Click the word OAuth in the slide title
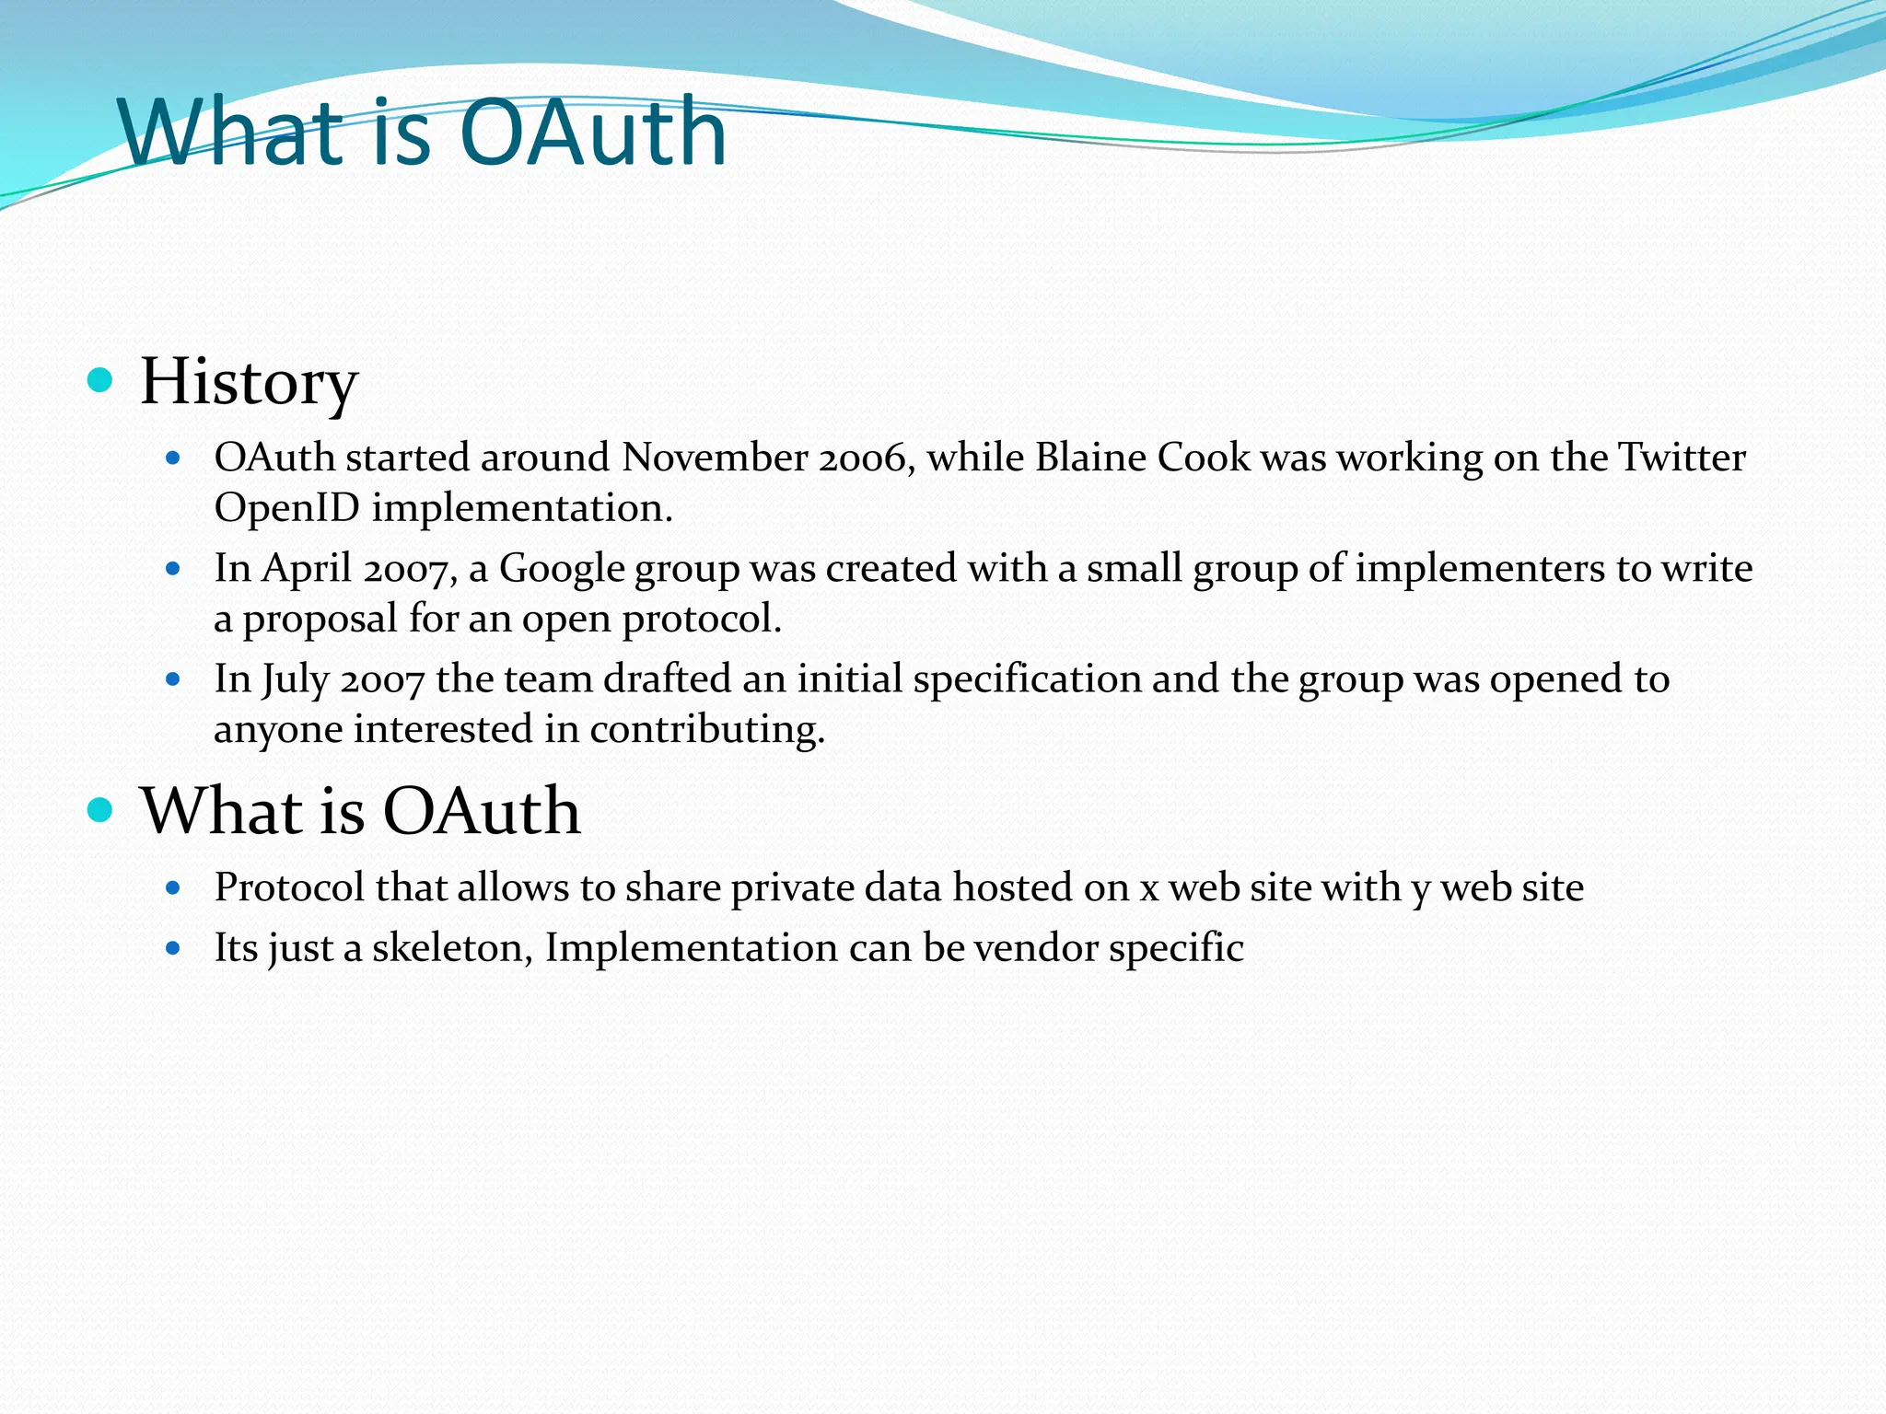coord(592,133)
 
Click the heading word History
coord(249,382)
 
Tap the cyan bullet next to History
coord(99,380)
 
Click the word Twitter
coord(1682,458)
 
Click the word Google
coord(562,569)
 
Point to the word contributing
coord(706,729)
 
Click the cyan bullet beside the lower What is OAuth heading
coord(99,810)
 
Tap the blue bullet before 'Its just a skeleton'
coord(173,947)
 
